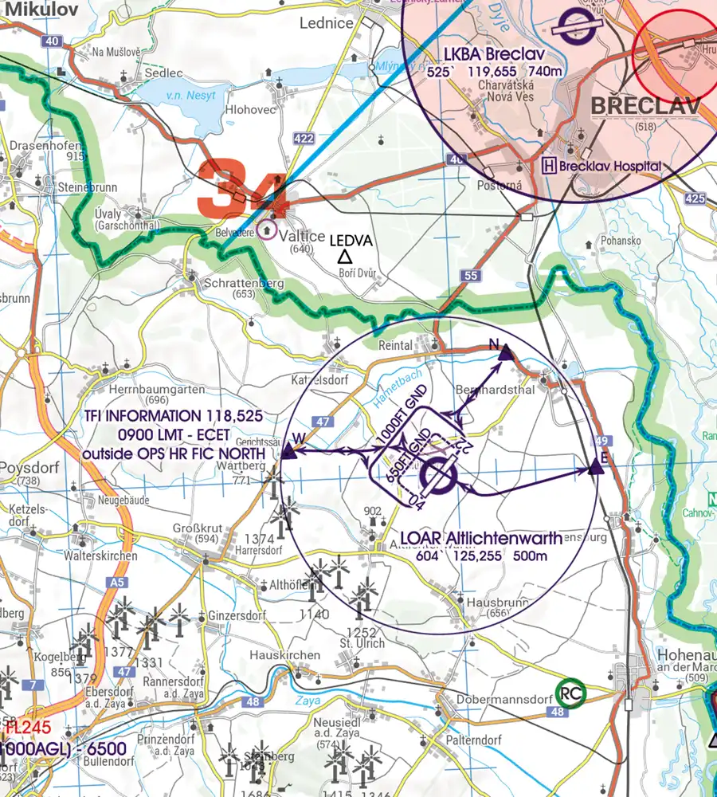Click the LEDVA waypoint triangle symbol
click(x=344, y=257)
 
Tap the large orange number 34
click(x=242, y=189)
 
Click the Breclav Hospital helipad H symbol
click(x=549, y=166)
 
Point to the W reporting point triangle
click(x=288, y=452)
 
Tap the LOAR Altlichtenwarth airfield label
click(x=480, y=538)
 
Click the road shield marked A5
click(x=117, y=583)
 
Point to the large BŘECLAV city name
click(x=645, y=106)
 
